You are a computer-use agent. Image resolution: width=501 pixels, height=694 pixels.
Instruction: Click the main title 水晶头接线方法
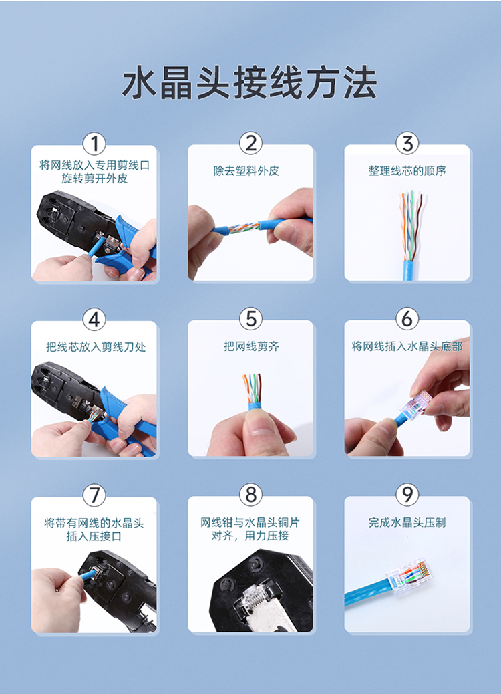pyautogui.click(x=250, y=82)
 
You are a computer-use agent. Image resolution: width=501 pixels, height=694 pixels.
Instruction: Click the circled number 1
pyautogui.click(x=94, y=144)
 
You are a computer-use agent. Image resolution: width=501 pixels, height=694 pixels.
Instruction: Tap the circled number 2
pyautogui.click(x=251, y=143)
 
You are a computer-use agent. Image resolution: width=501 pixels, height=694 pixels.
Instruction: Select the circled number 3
pyautogui.click(x=407, y=143)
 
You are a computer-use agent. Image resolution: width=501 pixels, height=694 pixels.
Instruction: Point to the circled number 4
pyautogui.click(x=94, y=319)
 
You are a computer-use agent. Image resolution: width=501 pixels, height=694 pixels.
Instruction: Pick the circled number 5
pyautogui.click(x=251, y=319)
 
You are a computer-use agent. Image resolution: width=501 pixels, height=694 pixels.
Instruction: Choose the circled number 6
pyautogui.click(x=407, y=318)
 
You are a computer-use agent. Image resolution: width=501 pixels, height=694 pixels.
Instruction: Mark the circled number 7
pyautogui.click(x=94, y=495)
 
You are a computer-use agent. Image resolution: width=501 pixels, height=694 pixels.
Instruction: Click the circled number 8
pyautogui.click(x=251, y=494)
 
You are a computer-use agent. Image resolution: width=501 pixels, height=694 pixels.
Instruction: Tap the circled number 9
pyautogui.click(x=407, y=494)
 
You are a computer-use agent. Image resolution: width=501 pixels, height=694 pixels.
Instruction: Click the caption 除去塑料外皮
pyautogui.click(x=246, y=171)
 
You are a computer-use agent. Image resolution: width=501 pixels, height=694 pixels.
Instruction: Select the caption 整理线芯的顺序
pyautogui.click(x=407, y=171)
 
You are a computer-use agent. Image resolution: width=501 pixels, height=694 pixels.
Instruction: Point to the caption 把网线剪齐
pyautogui.click(x=251, y=346)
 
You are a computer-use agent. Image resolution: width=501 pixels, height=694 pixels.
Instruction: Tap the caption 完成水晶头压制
pyautogui.click(x=407, y=522)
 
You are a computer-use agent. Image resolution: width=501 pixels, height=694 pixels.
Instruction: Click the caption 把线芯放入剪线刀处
pyautogui.click(x=96, y=346)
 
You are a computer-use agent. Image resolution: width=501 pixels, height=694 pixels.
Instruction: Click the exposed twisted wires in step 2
pyautogui.click(x=243, y=229)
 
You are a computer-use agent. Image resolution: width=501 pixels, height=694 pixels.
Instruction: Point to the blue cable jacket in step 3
pyautogui.click(x=408, y=270)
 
